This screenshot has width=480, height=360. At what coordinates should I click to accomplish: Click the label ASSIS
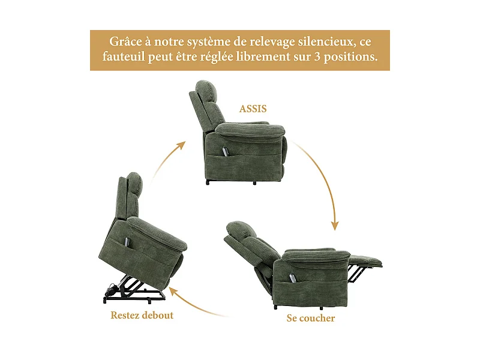[x=253, y=109]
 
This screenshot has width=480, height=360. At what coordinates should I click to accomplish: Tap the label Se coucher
[x=310, y=317]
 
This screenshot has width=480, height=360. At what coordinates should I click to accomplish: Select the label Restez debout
[x=142, y=315]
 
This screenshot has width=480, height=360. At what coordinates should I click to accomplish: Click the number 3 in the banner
[x=317, y=58]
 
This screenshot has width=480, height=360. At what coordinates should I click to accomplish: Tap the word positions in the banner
[x=352, y=58]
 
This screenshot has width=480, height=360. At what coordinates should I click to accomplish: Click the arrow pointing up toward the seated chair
[x=168, y=159]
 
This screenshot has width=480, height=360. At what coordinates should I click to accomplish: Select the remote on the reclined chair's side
[x=293, y=278]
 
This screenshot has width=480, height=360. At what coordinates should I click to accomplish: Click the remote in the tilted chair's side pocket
[x=128, y=241]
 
